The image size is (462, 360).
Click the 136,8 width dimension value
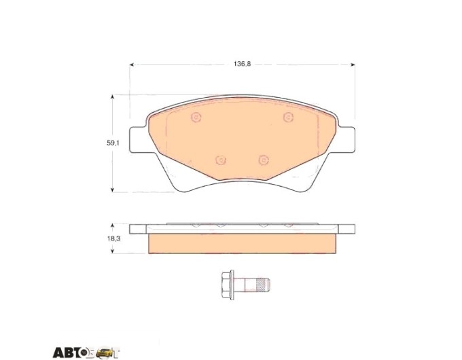point(242,64)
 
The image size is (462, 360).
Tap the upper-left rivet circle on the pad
point(196,118)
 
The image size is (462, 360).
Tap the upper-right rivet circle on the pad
point(288,118)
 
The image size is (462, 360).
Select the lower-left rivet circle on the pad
point(220,160)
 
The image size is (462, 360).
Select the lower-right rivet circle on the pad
point(264,160)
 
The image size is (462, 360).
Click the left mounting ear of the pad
point(138,140)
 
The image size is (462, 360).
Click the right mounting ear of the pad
point(346,140)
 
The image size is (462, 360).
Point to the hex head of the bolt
point(226,285)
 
